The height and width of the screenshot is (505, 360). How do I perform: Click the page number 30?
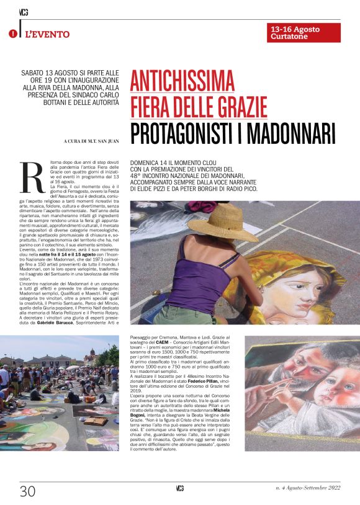27,491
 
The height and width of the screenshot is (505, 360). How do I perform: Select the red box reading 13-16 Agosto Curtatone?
305,33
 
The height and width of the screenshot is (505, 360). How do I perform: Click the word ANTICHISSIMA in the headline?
182,81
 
